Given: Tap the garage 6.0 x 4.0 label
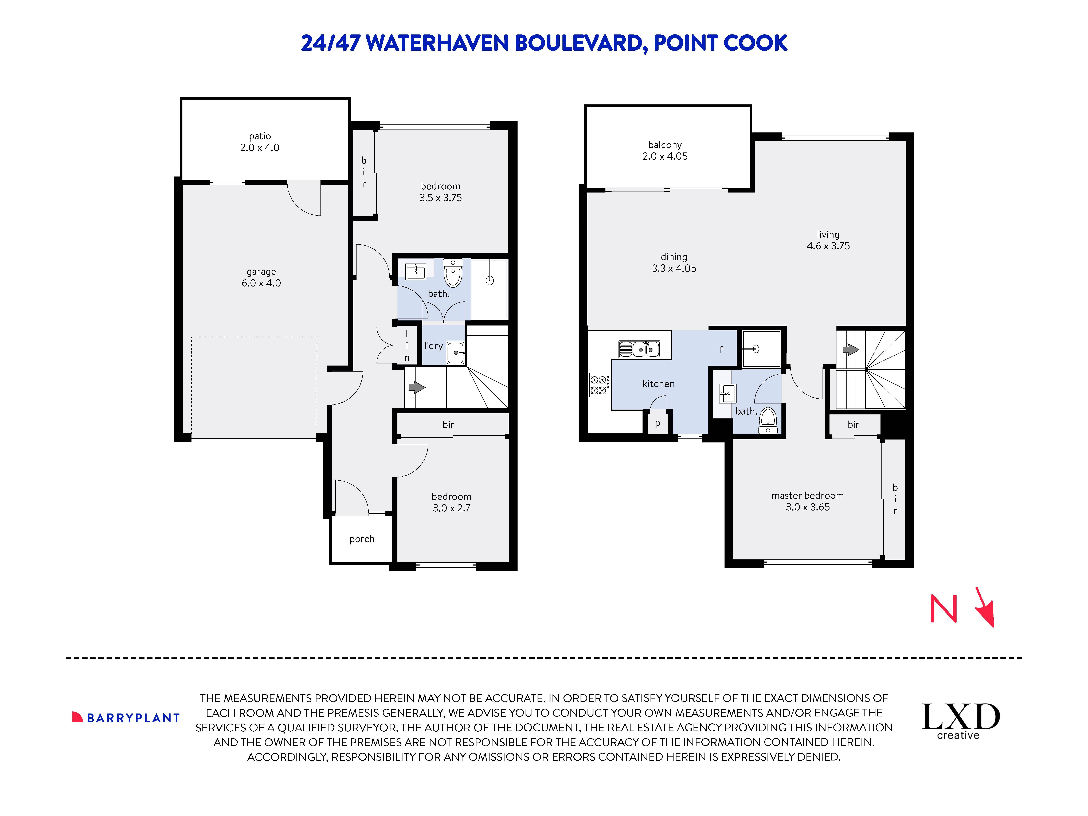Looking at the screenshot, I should click(x=261, y=277).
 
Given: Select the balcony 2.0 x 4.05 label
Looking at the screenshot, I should click(x=665, y=151).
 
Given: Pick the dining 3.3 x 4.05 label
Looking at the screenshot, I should click(x=674, y=263).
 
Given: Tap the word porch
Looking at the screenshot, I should click(x=362, y=539).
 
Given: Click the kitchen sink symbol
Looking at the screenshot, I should click(x=639, y=349).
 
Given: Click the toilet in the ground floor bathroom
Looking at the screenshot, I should click(x=452, y=273).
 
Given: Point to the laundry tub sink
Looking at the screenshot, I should click(x=455, y=353).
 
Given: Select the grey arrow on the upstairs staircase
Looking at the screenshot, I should click(x=850, y=350).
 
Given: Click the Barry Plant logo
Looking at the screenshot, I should click(x=126, y=718).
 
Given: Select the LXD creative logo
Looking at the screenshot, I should click(x=960, y=721).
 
